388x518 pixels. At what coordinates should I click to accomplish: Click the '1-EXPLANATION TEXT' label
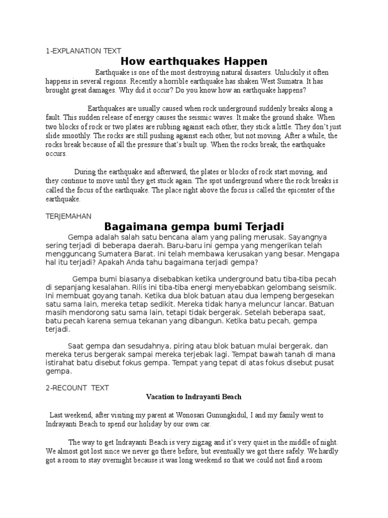point(83,51)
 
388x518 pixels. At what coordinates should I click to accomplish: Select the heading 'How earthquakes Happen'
point(195,62)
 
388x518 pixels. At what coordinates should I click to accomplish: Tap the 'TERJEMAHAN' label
point(68,216)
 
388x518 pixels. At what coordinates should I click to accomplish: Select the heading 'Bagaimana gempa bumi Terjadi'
point(194,226)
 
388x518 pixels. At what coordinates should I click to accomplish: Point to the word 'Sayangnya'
point(309,237)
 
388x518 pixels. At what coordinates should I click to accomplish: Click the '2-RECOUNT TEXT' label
point(77,388)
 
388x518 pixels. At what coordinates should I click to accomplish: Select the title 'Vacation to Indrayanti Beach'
point(194,397)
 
